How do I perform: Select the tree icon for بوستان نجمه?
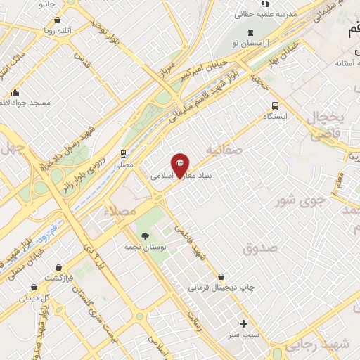[x=145, y=236]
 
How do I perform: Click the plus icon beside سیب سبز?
[x=244, y=324]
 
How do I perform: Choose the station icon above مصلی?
[x=123, y=153]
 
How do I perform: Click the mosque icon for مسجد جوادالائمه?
[x=15, y=92]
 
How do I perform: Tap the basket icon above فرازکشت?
[x=67, y=266]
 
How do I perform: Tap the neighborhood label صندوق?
[x=261, y=247]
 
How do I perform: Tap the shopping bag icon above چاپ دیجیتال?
[x=221, y=276]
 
